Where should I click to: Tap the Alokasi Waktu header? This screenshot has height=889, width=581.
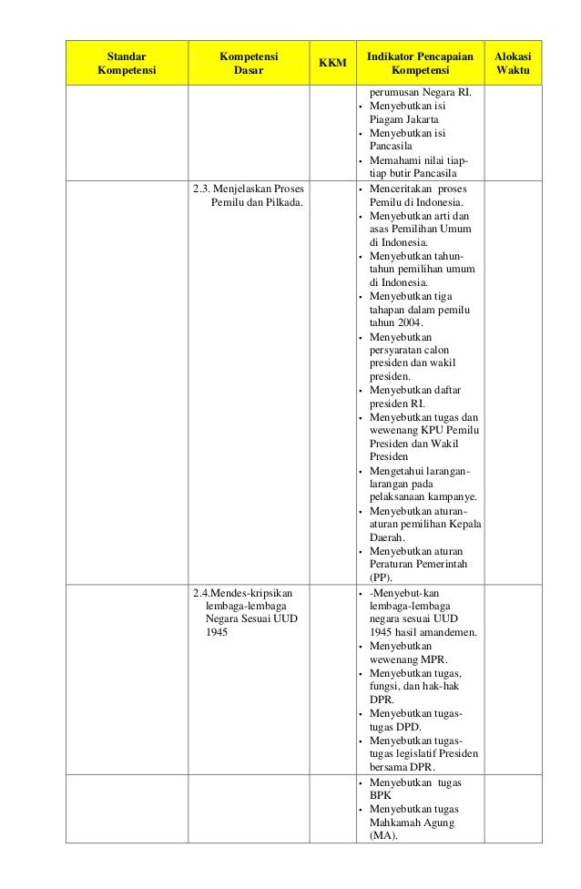[x=512, y=63]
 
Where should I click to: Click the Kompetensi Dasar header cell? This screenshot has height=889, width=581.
[x=249, y=63]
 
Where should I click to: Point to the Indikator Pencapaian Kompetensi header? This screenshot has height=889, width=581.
[x=420, y=63]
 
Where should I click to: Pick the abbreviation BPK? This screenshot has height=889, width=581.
[x=381, y=795]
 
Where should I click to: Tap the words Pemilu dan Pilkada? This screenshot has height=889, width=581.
[x=258, y=201]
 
